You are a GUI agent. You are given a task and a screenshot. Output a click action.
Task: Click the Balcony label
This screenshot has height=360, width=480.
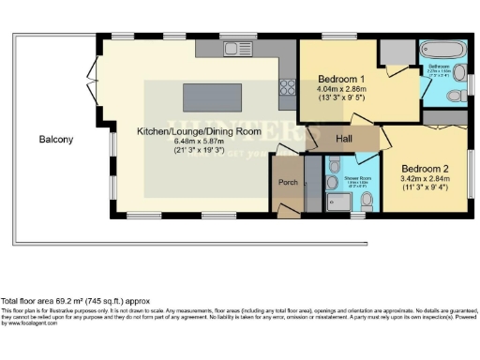pos(56,140)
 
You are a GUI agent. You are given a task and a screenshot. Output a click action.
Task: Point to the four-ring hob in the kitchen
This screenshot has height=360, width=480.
pos(287,88)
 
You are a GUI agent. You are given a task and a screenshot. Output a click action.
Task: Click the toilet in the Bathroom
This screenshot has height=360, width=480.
pos(453,95)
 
